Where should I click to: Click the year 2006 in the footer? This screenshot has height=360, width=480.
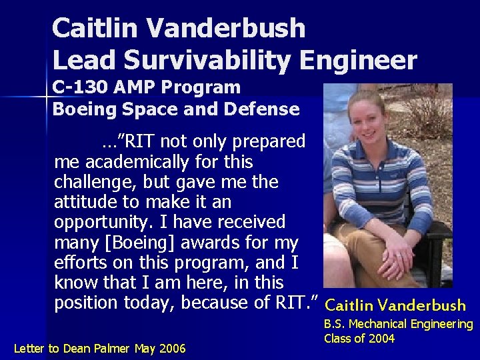[x=173, y=348]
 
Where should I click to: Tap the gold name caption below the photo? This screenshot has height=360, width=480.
[x=395, y=306]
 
